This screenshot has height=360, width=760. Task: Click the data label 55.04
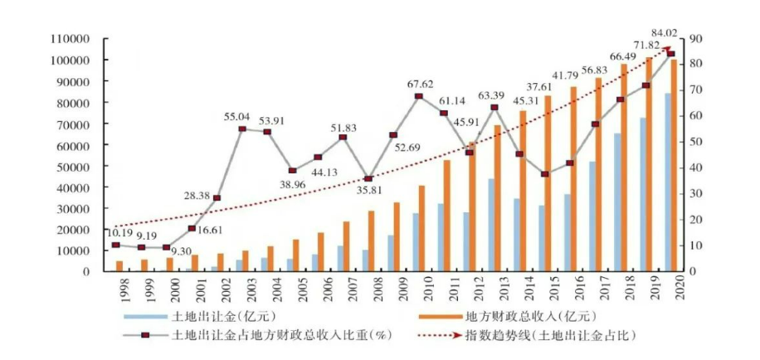[x=240, y=118]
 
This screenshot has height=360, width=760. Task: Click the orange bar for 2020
[x=675, y=166]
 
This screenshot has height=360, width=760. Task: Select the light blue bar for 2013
[x=491, y=225]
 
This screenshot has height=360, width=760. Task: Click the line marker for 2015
[x=544, y=174]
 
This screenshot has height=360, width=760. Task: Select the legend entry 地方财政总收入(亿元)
[x=514, y=318]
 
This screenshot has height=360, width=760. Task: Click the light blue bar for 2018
[x=617, y=202]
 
